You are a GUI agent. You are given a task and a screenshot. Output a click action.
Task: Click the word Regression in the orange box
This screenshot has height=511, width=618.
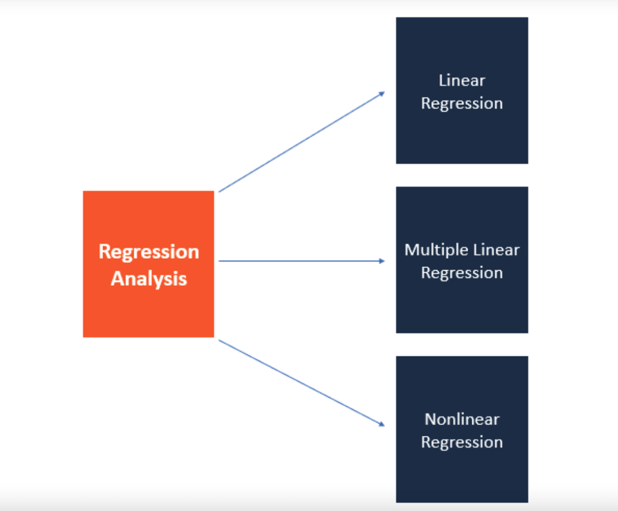click(x=149, y=252)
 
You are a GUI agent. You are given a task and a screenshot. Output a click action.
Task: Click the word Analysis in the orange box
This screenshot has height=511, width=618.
click(x=149, y=279)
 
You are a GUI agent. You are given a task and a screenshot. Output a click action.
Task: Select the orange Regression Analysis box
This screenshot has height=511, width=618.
click(x=149, y=310)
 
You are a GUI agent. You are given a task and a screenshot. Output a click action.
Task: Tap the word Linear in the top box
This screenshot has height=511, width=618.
click(x=462, y=81)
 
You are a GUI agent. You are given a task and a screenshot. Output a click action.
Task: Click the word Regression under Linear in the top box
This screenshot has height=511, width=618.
click(x=462, y=104)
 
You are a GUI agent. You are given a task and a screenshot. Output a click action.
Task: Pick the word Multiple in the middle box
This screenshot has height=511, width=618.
click(x=434, y=250)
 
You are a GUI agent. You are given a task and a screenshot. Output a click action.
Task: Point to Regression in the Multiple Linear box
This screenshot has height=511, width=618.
click(x=462, y=273)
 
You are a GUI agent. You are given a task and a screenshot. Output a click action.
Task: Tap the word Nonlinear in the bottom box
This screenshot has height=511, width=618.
click(x=462, y=419)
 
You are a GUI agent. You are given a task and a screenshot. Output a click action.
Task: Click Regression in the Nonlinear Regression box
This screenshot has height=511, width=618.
click(x=462, y=442)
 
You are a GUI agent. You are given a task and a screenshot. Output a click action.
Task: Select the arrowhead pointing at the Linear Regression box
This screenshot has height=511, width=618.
click(x=382, y=94)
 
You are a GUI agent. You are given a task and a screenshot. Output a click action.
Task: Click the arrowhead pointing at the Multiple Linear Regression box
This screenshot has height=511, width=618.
click(x=382, y=261)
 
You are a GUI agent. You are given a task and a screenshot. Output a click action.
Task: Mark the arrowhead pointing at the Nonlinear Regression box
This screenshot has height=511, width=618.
click(x=382, y=425)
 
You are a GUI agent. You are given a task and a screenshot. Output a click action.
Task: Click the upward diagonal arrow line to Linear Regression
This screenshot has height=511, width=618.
click(x=300, y=143)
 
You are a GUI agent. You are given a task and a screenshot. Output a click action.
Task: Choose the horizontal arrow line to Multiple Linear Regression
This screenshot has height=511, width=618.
click(x=300, y=261)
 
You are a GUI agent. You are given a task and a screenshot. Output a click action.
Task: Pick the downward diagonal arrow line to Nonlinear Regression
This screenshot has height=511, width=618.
click(x=300, y=382)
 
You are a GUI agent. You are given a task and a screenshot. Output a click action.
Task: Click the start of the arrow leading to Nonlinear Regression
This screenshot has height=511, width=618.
click(x=221, y=341)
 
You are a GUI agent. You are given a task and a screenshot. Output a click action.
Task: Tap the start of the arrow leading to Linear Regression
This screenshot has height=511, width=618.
click(x=221, y=191)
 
